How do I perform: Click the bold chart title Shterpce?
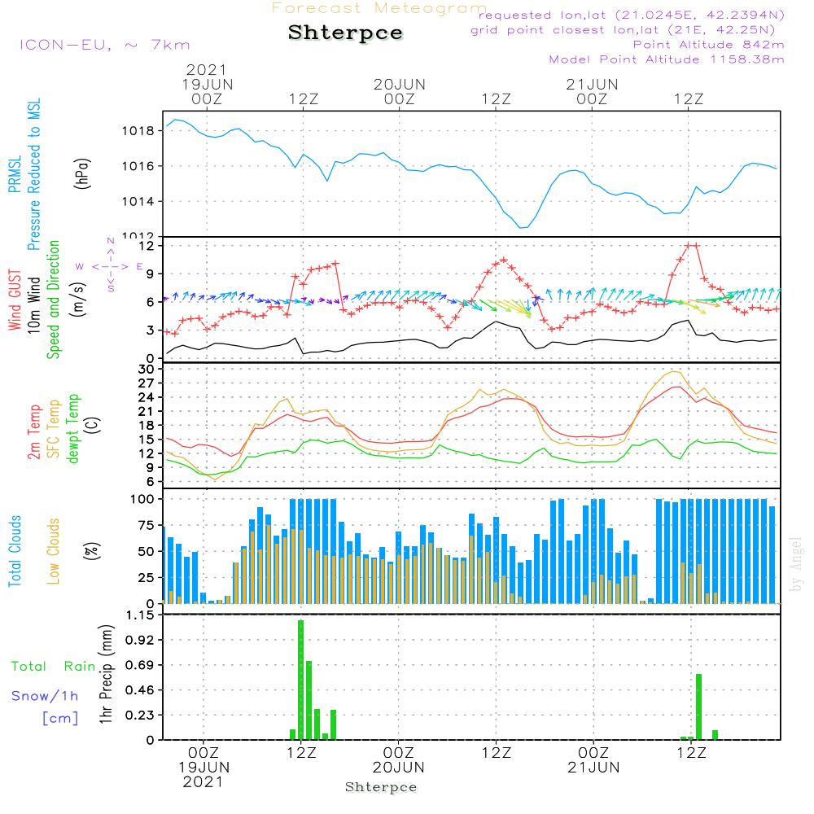345,33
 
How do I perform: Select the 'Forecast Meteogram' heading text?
379,8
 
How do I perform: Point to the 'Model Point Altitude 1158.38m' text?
667,59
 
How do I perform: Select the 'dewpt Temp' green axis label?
73,429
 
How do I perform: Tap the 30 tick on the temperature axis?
147,370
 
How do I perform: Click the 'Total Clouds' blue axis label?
15,551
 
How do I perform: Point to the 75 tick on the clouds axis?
147,525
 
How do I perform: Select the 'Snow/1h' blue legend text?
46,696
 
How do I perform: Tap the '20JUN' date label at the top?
400,84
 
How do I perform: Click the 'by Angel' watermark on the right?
796,564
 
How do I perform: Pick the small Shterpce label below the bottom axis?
381,787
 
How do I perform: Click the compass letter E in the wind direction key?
140,266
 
